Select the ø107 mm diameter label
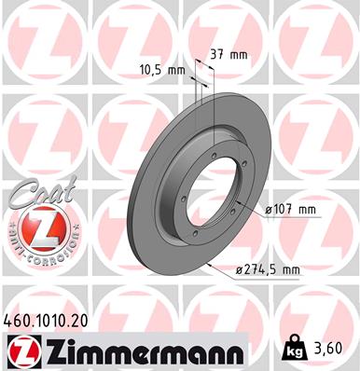[x=291, y=209]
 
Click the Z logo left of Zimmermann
[x=20, y=350]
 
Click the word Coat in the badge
[x=30, y=195]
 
